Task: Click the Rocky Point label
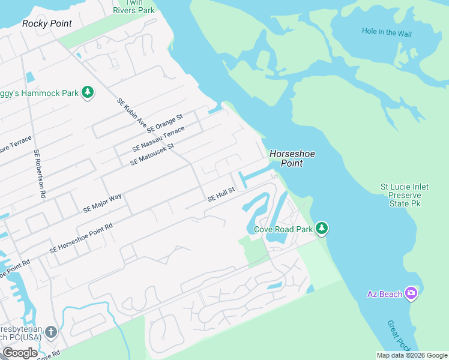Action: tap(47, 23)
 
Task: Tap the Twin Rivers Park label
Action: tap(134, 7)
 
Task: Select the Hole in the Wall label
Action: tap(387, 32)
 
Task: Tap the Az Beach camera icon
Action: tap(411, 293)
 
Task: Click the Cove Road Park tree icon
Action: tap(322, 228)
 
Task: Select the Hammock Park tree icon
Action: tap(88, 92)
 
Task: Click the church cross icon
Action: tap(51, 331)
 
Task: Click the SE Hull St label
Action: tap(220, 194)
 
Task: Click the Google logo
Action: tap(20, 353)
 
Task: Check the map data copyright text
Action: tap(412, 355)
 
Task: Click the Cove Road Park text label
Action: tap(283, 229)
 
